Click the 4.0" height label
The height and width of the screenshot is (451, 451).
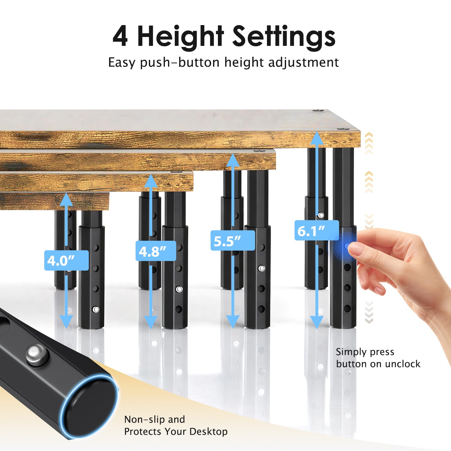tap(66, 260)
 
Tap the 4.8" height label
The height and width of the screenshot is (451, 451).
tap(156, 251)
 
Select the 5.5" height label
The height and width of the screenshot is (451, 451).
tap(233, 240)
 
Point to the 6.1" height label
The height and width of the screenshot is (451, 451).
tap(317, 230)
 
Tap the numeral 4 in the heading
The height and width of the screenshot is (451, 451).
tap(120, 36)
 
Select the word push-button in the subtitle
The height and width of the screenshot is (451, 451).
tap(180, 62)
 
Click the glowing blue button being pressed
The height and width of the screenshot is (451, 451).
tap(346, 246)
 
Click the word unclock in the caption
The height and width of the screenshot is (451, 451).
tap(403, 364)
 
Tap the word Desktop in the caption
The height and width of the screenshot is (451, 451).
tap(209, 432)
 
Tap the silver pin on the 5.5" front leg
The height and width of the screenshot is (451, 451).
tap(262, 268)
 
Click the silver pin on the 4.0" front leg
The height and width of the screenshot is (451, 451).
tap(96, 310)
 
